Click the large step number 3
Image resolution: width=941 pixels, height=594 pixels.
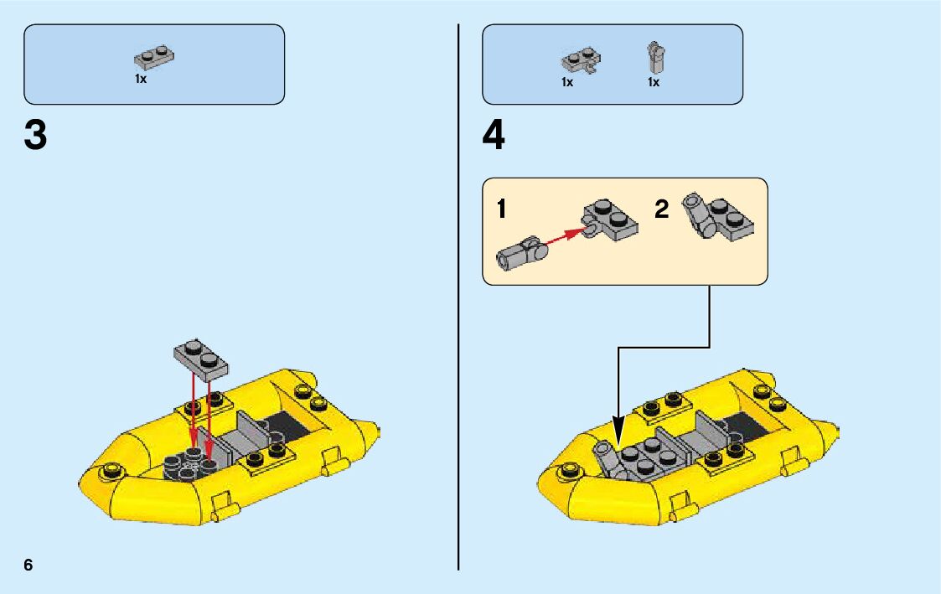(x=36, y=136)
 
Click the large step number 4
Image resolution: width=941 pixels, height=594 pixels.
(x=494, y=137)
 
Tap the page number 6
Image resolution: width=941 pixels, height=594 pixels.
(x=28, y=565)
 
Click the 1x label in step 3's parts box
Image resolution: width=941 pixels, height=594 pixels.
(x=141, y=79)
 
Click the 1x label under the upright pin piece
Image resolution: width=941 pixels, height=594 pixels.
(x=654, y=82)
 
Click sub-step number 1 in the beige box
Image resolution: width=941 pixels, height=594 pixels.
(x=501, y=209)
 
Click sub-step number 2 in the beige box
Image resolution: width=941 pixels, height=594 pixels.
(x=661, y=209)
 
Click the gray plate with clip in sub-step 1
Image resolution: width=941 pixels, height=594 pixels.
(x=610, y=220)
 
